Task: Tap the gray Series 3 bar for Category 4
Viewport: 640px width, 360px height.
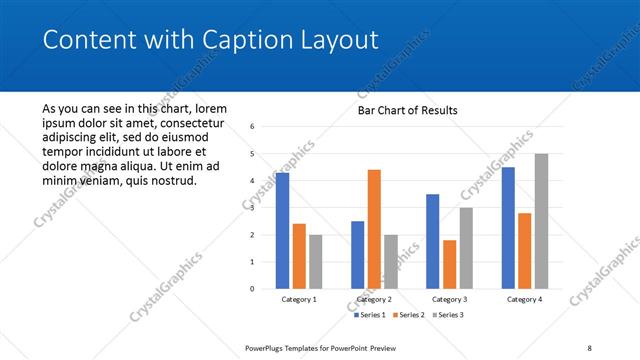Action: click(541, 221)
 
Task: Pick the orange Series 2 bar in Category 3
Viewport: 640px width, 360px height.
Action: click(449, 264)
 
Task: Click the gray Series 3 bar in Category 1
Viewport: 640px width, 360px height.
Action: click(315, 262)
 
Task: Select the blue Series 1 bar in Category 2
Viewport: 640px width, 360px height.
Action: click(357, 255)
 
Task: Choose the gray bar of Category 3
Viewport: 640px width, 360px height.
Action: click(466, 248)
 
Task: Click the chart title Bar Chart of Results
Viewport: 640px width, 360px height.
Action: click(408, 111)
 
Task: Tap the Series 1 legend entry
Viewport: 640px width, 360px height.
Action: click(372, 315)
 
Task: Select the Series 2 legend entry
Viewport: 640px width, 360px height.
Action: click(410, 315)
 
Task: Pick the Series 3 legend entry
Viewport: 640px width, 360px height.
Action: click(447, 315)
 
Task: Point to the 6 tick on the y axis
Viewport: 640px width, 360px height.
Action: click(253, 127)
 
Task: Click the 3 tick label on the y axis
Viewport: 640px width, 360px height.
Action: click(253, 208)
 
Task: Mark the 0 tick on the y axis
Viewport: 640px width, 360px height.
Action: click(253, 289)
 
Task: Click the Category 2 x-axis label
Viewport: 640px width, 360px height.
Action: click(374, 299)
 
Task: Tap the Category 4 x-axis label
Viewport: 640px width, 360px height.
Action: click(524, 299)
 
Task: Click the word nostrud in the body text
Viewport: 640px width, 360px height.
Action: click(172, 180)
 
